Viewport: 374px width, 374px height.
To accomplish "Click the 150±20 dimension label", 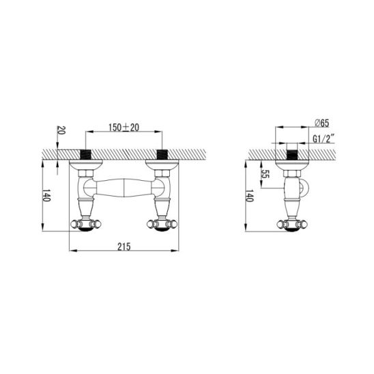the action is tap(124, 128).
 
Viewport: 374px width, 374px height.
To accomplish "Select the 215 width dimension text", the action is tap(124, 246).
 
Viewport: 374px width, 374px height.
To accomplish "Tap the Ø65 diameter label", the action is tap(321, 124).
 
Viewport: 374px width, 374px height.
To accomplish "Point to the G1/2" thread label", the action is tap(324, 139).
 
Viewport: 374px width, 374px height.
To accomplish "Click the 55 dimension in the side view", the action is tap(265, 173).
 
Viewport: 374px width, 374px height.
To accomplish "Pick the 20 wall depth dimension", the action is tap(61, 130).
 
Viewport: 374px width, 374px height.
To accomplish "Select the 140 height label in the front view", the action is tap(46, 197).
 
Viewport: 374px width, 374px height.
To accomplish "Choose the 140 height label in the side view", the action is tap(249, 197).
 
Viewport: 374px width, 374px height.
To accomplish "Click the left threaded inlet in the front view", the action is tap(85, 154).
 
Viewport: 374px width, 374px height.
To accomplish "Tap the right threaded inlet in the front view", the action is tap(162, 154).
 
